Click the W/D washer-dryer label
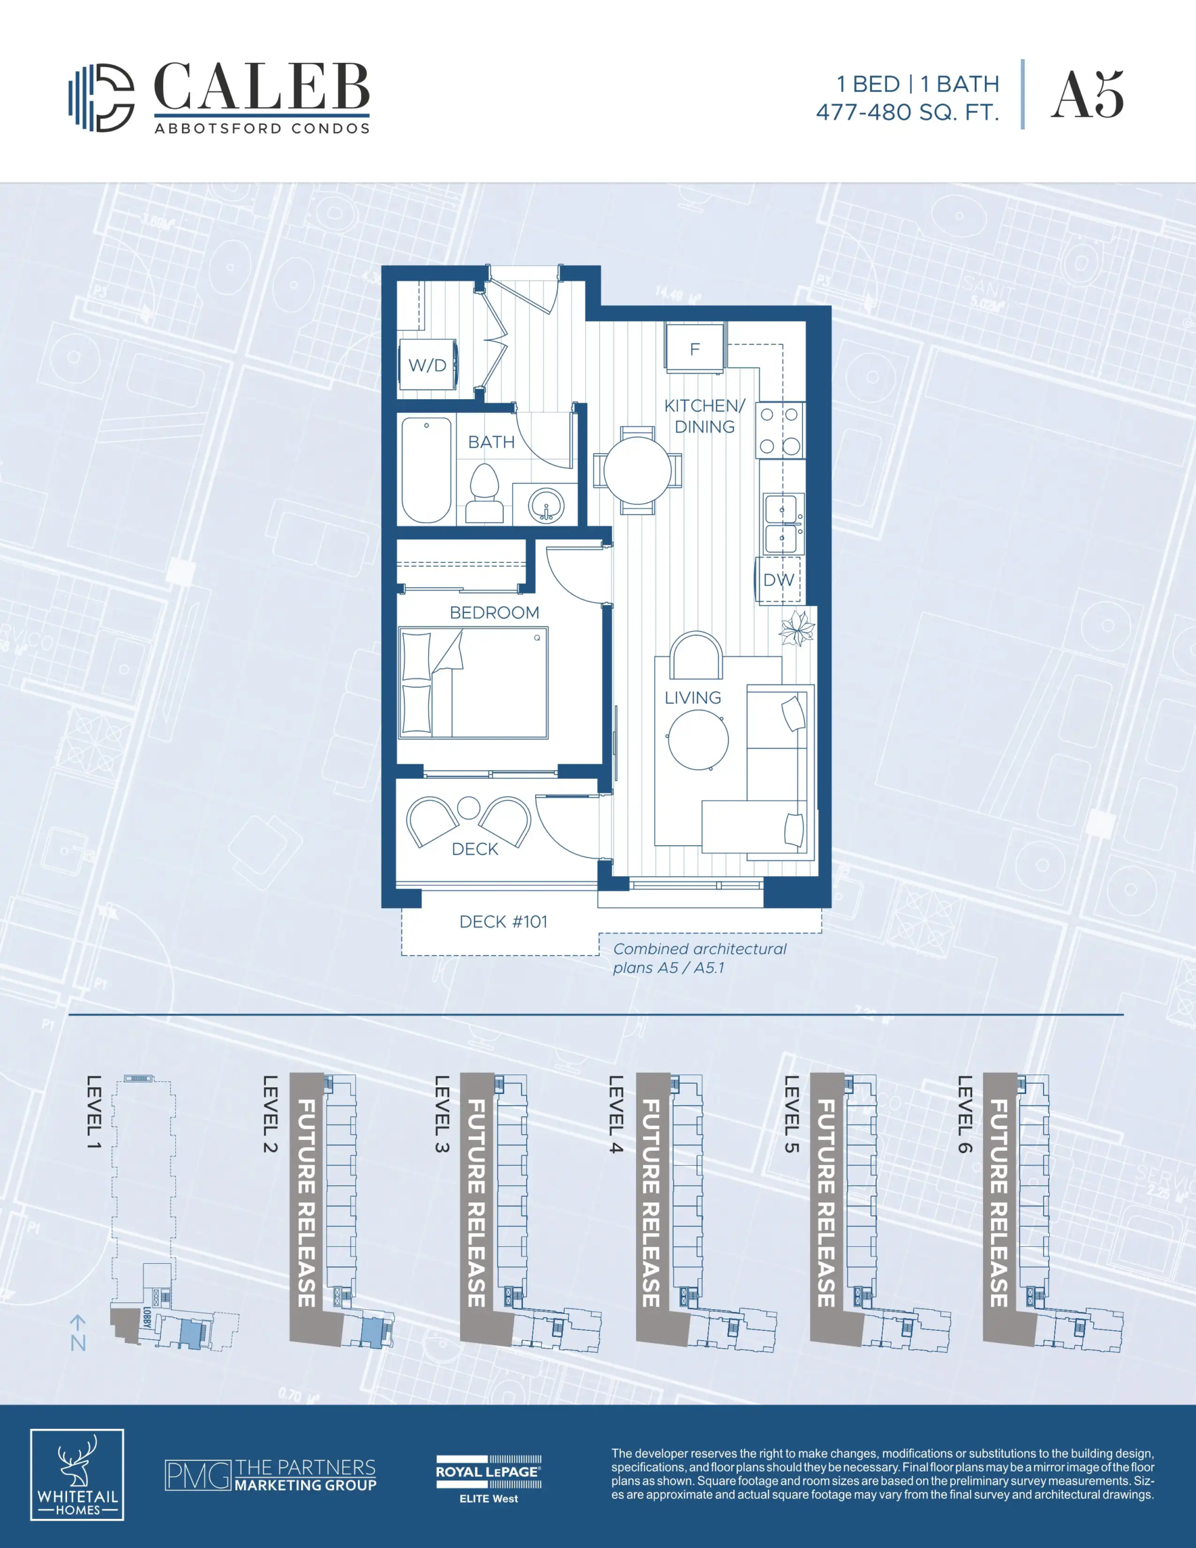click(x=427, y=366)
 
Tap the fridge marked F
click(x=695, y=347)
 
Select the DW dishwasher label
click(x=778, y=580)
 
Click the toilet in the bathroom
click(x=485, y=493)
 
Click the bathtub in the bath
click(x=427, y=470)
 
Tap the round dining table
click(x=637, y=470)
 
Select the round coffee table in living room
click(x=698, y=740)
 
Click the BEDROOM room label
click(x=494, y=613)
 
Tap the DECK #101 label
click(x=503, y=922)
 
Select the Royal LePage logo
click(x=489, y=1479)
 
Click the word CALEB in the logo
click(x=262, y=87)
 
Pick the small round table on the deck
click(x=469, y=808)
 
